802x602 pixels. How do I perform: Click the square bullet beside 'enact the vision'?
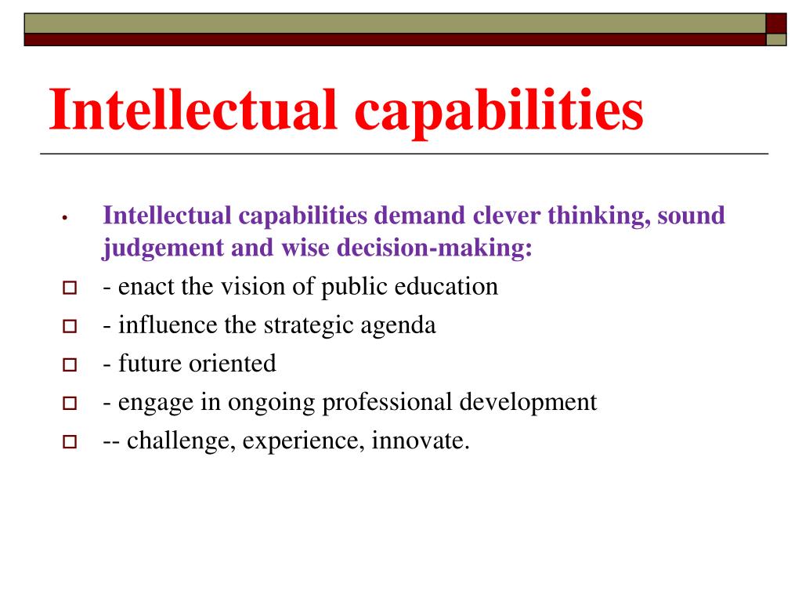click(x=68, y=288)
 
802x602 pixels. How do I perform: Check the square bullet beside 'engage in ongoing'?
click(x=68, y=404)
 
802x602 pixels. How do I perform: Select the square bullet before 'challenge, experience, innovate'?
click(x=68, y=442)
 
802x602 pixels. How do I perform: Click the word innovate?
click(x=420, y=441)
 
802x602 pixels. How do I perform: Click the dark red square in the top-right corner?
click(x=776, y=23)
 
